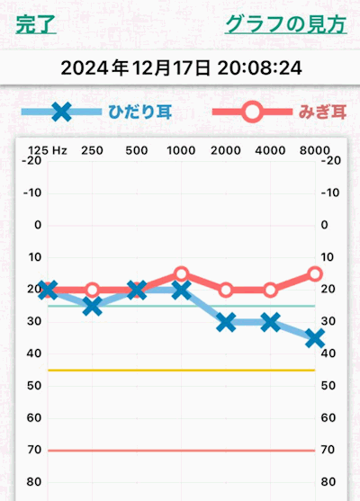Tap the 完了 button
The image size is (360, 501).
pos(36,24)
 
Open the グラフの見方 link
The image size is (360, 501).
pos(284,24)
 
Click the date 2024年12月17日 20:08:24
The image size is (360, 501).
pos(180,67)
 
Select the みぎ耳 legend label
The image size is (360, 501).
pos(321,112)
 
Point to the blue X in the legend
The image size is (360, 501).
pos(60,112)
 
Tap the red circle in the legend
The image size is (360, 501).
pos(253,112)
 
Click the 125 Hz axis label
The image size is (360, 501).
pos(48,150)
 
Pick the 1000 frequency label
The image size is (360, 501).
pos(181,150)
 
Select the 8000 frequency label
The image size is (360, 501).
pos(314,150)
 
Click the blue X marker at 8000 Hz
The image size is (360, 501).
pos(314,338)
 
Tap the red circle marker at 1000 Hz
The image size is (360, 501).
pos(181,273)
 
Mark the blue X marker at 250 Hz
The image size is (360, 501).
pos(92,306)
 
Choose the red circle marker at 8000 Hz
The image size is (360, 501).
pos(314,273)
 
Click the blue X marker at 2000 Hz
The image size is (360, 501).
pos(226,322)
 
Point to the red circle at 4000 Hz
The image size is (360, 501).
pos(270,290)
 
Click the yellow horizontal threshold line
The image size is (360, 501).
pos(180,370)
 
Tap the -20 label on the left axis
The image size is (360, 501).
pos(37,160)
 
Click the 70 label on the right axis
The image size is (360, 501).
pos(328,450)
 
